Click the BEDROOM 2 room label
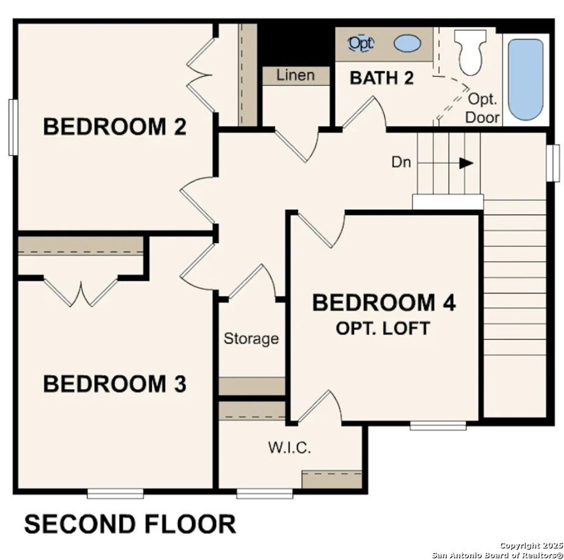click(115, 127)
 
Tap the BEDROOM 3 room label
click(115, 383)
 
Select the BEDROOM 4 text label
click(384, 303)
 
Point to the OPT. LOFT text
click(382, 328)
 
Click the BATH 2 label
click(382, 78)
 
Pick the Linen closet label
click(296, 75)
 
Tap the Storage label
click(251, 339)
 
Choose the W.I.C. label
click(290, 448)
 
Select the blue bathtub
click(525, 79)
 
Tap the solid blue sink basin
click(407, 44)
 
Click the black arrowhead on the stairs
click(466, 163)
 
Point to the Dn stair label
click(401, 162)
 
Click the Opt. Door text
click(482, 108)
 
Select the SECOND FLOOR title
click(130, 524)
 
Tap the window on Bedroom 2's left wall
click(13, 127)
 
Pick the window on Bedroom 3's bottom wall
click(115, 494)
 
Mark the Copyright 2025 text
click(531, 545)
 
